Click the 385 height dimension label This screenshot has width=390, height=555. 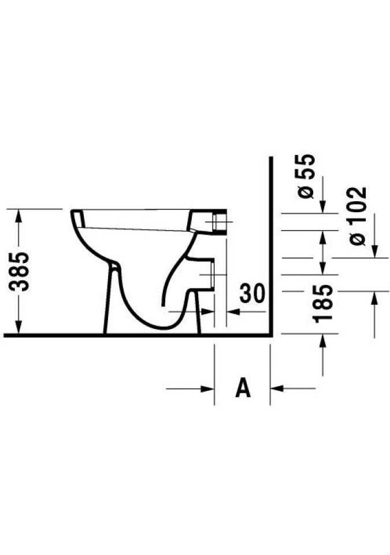tap(20, 272)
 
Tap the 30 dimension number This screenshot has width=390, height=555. tap(252, 294)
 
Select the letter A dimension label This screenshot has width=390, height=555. tap(243, 387)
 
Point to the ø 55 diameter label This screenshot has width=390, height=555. tap(306, 176)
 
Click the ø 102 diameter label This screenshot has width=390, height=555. tap(358, 216)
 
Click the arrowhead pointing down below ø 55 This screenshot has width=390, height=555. tap(322, 207)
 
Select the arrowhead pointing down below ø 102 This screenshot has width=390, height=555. tap(375, 251)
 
